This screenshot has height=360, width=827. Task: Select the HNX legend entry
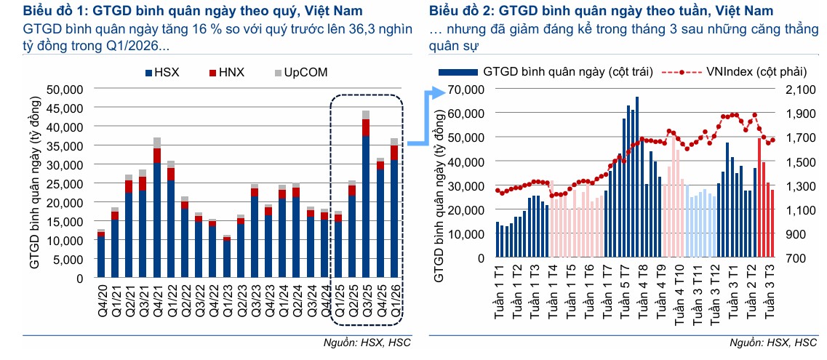pos(227,73)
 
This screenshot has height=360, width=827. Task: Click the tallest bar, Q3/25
pos(366,194)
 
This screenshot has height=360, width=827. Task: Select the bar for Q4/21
pos(157,207)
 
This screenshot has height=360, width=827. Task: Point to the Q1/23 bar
pos(227,256)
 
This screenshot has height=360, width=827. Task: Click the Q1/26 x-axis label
pos(394,300)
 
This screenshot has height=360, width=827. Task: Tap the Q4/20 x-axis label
pos(102,300)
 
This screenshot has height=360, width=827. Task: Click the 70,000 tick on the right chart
pos(466,89)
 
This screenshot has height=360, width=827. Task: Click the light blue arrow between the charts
pos(426,118)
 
